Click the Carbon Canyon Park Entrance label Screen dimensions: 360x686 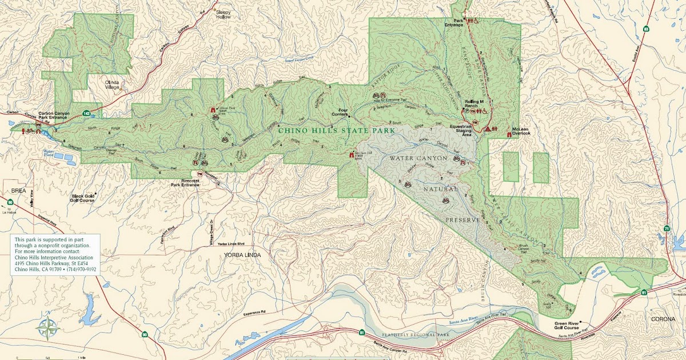click(54, 117)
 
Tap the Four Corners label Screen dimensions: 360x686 click(340, 111)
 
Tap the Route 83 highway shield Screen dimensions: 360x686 click(646, 28)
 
